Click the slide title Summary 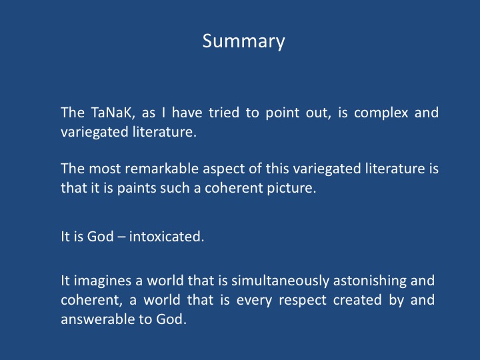click(x=244, y=41)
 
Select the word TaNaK click(x=113, y=113)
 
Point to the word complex click(x=381, y=113)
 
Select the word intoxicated click(x=167, y=236)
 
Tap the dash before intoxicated click(x=121, y=237)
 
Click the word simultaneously click(x=280, y=281)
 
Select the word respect click(x=303, y=301)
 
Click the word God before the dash click(x=100, y=237)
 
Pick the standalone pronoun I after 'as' click(x=164, y=113)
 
